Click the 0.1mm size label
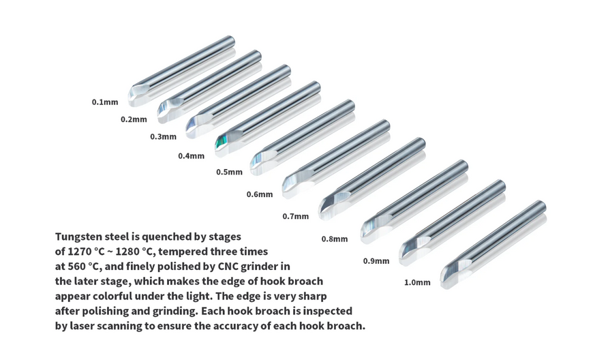(105, 102)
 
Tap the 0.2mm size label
(134, 119)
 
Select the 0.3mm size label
(164, 136)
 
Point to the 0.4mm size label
(192, 156)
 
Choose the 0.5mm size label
(229, 172)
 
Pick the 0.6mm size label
(260, 194)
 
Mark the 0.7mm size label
(296, 216)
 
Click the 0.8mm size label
(335, 239)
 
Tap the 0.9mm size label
(376, 261)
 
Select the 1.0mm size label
(417, 282)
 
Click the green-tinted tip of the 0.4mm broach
(221, 143)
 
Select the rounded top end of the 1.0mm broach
(541, 206)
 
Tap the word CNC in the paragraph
(228, 267)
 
